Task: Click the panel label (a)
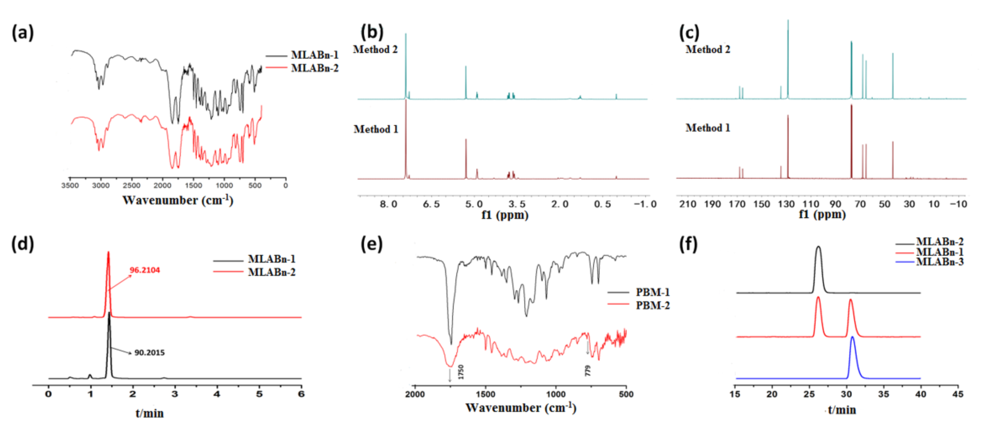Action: (23, 33)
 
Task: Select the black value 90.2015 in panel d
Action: (150, 352)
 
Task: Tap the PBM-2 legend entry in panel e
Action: (652, 305)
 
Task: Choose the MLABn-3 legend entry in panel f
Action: (939, 262)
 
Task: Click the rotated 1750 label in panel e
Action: (461, 372)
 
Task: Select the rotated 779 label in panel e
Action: (588, 371)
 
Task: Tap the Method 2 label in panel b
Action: (375, 49)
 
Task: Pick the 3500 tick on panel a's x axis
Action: (70, 186)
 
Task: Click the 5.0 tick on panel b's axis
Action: (474, 204)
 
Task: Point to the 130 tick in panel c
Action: (786, 204)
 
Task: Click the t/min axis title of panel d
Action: (150, 413)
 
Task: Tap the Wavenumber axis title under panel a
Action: (178, 200)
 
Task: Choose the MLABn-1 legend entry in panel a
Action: (314, 55)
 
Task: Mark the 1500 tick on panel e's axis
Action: (486, 394)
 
